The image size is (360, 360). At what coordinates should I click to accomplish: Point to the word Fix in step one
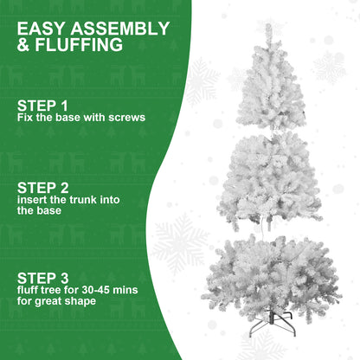(25, 117)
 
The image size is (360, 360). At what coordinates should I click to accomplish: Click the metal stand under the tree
(272, 327)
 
